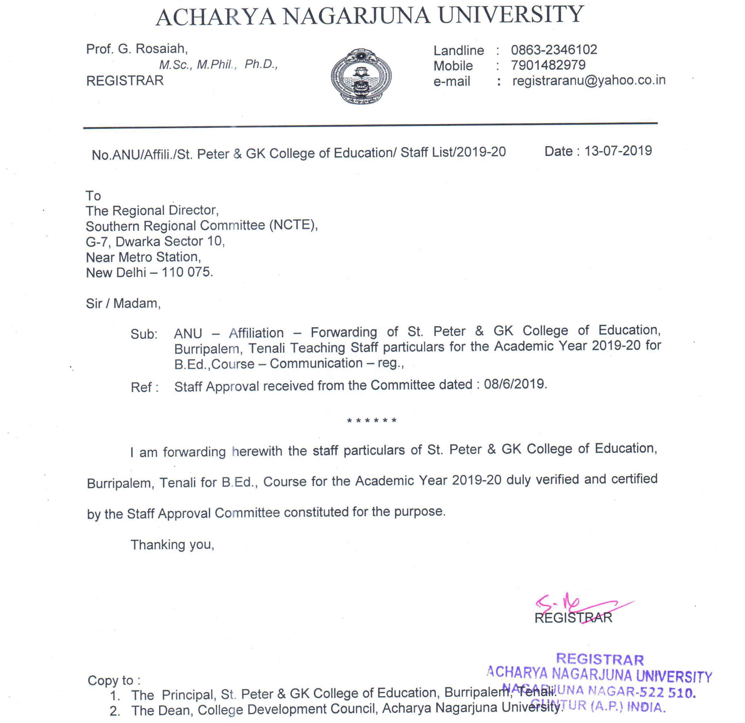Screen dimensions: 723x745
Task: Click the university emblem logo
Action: (x=361, y=77)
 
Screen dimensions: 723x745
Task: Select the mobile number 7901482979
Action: (x=548, y=65)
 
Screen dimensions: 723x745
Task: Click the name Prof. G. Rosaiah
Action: (x=137, y=49)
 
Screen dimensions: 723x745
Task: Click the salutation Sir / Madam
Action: (x=123, y=303)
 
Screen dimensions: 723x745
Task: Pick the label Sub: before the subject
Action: (x=144, y=334)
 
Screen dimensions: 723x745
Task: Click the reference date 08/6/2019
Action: (x=515, y=384)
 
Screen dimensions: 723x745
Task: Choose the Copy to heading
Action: (x=114, y=680)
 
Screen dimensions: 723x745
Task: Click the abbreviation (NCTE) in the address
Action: (x=293, y=226)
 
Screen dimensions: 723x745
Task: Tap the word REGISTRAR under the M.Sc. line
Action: (x=125, y=81)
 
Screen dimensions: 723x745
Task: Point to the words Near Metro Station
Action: (x=143, y=257)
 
